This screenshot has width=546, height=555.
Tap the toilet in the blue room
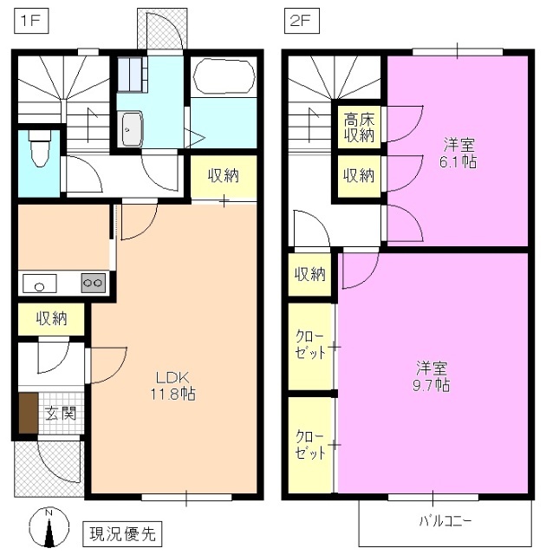[38, 148]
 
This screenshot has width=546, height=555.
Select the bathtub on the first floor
[224, 76]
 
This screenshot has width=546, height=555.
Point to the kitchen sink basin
[38, 283]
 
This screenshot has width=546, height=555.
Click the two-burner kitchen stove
[93, 283]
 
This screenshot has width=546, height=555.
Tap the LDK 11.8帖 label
[174, 385]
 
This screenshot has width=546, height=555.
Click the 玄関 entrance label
[61, 414]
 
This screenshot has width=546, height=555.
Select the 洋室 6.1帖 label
[458, 153]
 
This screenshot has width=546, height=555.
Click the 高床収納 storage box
[358, 127]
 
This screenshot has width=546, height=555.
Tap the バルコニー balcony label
[445, 521]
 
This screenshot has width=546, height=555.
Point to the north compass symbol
[49, 526]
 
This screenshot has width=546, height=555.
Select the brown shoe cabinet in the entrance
[28, 415]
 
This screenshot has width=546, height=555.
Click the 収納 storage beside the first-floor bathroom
[224, 177]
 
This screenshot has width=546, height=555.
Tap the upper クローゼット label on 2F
[310, 345]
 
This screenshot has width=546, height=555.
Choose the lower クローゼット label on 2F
[310, 444]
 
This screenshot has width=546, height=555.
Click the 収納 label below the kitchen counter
[51, 318]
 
